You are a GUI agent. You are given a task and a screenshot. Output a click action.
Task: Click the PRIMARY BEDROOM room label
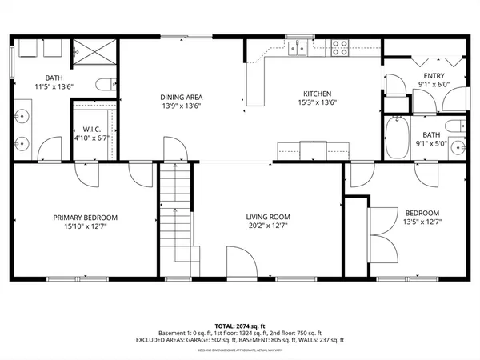click(86, 218)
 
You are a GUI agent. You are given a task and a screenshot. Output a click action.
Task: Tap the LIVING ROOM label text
click(267, 217)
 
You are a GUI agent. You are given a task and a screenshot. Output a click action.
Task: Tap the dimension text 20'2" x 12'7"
click(267, 226)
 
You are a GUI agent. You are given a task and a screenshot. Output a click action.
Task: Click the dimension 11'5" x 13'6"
click(54, 86)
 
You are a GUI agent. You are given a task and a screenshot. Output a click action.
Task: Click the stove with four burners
click(340, 48)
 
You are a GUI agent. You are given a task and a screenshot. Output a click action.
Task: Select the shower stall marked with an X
click(98, 51)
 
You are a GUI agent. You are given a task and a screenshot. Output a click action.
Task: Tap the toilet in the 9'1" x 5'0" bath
click(455, 126)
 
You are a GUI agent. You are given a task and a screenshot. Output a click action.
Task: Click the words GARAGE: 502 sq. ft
click(232, 339)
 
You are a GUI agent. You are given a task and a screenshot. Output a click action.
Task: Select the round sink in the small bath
click(457, 146)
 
